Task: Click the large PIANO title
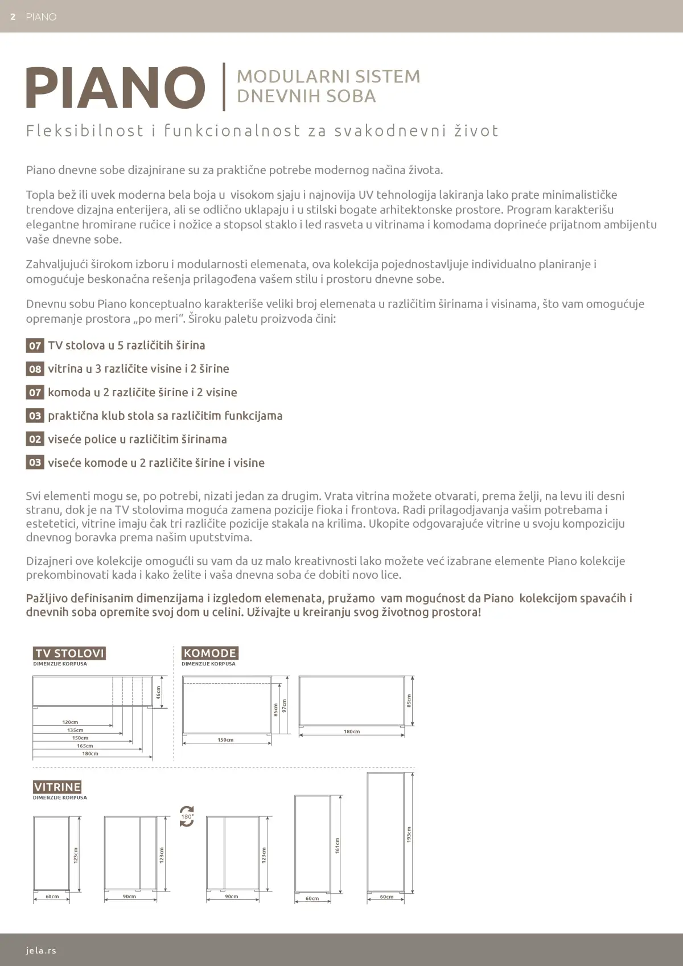click(116, 88)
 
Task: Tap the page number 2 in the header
click(13, 17)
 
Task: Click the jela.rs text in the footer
click(41, 950)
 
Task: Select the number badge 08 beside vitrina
click(35, 369)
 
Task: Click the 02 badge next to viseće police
click(35, 439)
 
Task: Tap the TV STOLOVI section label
click(69, 653)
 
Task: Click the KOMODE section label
click(209, 653)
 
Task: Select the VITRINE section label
click(57, 787)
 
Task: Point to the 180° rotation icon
click(187, 816)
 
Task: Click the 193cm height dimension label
click(409, 835)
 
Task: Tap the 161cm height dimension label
click(338, 845)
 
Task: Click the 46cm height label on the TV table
click(159, 692)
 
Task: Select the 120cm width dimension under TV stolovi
click(70, 722)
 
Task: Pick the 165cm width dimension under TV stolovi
click(85, 746)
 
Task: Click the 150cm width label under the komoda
click(225, 740)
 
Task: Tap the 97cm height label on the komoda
click(284, 706)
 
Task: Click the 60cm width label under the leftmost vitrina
click(52, 897)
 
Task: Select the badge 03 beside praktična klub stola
click(35, 416)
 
